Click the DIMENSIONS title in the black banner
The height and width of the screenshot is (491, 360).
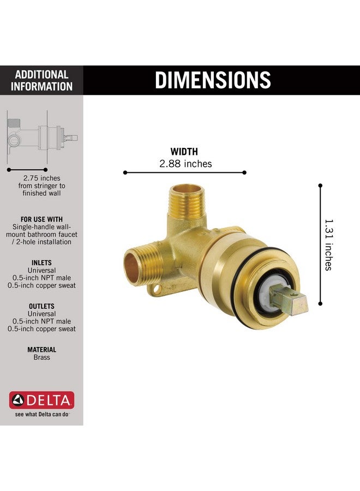point(213,80)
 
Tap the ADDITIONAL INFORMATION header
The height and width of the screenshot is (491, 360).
point(41,81)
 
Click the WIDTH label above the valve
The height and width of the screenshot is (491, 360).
point(184,152)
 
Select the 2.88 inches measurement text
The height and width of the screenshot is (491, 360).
point(185,164)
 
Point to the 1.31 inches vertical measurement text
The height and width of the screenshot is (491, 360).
point(328,244)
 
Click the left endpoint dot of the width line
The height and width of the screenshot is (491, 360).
point(125,172)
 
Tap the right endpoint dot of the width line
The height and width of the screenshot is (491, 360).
point(244,172)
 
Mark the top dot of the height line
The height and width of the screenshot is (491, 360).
point(320,185)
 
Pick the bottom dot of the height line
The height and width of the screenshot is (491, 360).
point(320,303)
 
